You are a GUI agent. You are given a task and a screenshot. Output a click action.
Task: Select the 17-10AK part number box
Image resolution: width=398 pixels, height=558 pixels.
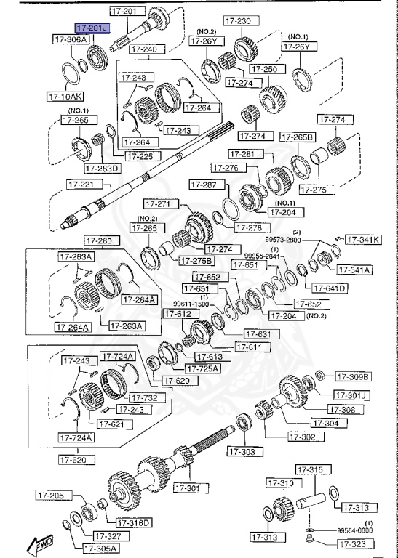(65, 95)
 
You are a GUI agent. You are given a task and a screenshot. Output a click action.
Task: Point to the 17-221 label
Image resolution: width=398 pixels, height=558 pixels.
(81, 185)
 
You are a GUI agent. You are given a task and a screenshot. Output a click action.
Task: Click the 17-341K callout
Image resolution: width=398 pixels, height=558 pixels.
(362, 239)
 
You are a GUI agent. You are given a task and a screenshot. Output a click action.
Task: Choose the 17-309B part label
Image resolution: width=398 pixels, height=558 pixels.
(353, 376)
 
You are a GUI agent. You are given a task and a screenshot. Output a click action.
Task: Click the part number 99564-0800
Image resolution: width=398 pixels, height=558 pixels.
(354, 531)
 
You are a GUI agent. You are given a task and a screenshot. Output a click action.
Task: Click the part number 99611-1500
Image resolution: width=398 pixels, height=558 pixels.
(191, 304)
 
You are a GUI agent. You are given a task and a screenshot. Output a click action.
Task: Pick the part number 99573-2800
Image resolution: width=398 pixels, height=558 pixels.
(283, 239)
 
